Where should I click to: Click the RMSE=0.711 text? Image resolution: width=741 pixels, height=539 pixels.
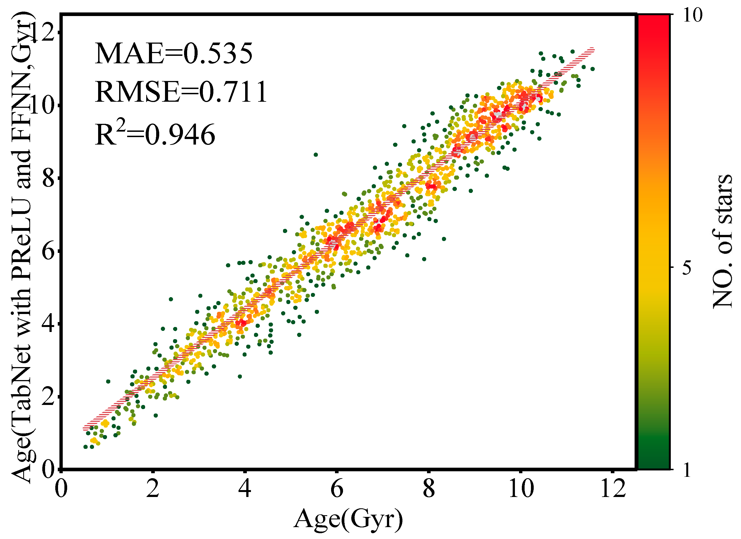click(181, 92)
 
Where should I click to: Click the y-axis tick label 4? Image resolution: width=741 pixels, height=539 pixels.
click(48, 325)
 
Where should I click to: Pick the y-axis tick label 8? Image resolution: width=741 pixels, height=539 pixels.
click(48, 179)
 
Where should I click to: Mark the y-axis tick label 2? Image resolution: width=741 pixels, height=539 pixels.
click(48, 397)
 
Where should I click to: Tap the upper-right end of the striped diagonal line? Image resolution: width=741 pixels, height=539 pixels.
click(592, 50)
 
